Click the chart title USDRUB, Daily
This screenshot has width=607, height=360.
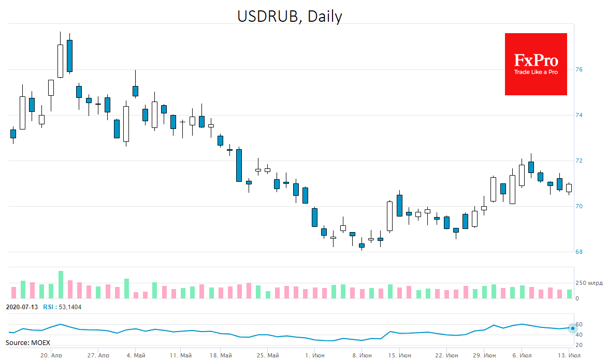(290, 16)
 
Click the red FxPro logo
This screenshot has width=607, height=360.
(536, 64)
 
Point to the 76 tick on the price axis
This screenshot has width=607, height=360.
(579, 69)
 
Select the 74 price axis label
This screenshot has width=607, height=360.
(579, 115)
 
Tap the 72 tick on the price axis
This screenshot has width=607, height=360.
(579, 161)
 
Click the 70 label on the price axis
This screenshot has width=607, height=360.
(579, 206)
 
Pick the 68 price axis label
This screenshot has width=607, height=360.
(579, 252)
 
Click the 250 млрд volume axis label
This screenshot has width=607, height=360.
(589, 283)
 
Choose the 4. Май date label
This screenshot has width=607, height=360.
(136, 356)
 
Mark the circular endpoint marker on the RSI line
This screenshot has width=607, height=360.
(572, 328)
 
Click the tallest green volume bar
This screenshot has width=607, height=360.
(61, 284)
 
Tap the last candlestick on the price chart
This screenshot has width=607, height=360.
(569, 188)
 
